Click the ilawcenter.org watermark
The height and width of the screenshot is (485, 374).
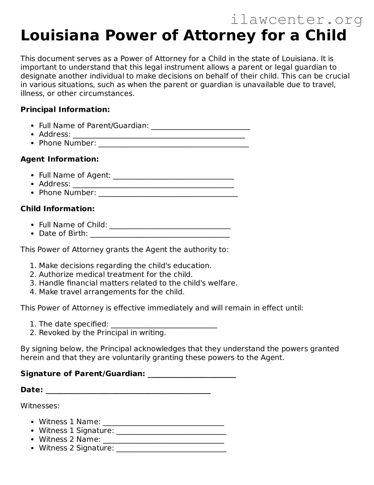coord(296,20)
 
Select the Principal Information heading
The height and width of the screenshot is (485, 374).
coord(65,109)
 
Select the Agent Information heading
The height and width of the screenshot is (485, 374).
coord(60,159)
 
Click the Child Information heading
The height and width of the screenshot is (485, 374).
coord(58,209)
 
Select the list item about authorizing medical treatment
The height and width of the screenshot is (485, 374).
coord(116,274)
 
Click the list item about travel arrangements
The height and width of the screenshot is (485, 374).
coord(111,292)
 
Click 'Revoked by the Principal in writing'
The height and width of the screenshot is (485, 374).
coord(102,333)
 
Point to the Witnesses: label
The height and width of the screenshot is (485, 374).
coord(40,406)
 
